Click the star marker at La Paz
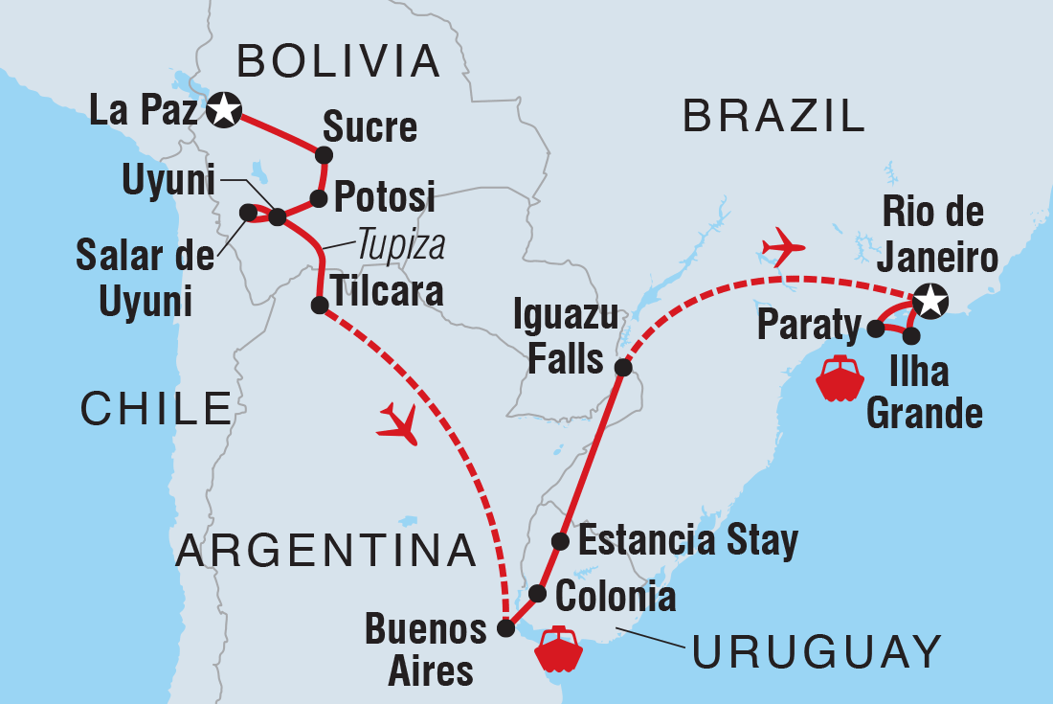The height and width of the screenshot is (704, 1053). point(224,110)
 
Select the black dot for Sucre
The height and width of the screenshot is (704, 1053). point(325,155)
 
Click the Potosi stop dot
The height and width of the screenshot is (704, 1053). point(319,199)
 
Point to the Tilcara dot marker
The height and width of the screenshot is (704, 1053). point(320,306)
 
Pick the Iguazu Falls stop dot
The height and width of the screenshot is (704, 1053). point(623,368)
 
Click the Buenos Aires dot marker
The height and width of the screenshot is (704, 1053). point(506,628)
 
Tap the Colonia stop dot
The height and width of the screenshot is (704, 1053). point(538,593)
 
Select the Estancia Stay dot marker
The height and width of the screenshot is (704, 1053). point(561,542)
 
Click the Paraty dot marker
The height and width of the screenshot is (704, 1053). point(876,329)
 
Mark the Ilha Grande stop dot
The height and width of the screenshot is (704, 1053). point(911,336)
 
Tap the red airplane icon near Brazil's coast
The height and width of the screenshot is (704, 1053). point(784,247)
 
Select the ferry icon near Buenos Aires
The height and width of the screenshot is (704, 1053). point(559,648)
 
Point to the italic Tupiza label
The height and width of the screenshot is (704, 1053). point(402,246)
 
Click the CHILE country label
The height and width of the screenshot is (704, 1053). point(156,409)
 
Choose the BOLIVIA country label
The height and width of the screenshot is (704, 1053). point(339,61)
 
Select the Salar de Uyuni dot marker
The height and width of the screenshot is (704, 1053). point(248,212)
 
